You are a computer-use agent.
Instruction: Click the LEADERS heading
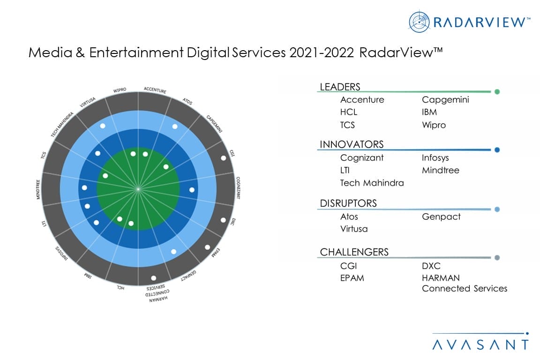(340, 87)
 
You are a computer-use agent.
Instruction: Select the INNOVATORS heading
(352, 144)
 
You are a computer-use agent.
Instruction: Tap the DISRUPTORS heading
(348, 203)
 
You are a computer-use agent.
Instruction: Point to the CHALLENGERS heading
(354, 252)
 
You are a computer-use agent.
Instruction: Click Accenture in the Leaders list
(362, 100)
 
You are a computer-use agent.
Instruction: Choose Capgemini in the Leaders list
(445, 100)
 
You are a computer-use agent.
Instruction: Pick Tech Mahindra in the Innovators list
(372, 183)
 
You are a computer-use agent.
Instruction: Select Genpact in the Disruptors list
(441, 217)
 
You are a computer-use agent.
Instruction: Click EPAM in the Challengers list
(352, 278)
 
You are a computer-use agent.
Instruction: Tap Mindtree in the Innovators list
(440, 170)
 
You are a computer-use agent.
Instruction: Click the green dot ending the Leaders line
(497, 92)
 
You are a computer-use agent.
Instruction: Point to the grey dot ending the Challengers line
(497, 257)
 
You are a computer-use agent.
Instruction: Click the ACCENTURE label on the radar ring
(155, 90)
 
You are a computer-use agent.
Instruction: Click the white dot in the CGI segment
(223, 158)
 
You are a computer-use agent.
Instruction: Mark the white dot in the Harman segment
(154, 277)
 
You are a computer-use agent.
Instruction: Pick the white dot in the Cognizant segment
(192, 190)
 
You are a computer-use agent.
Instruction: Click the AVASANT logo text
(480, 345)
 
